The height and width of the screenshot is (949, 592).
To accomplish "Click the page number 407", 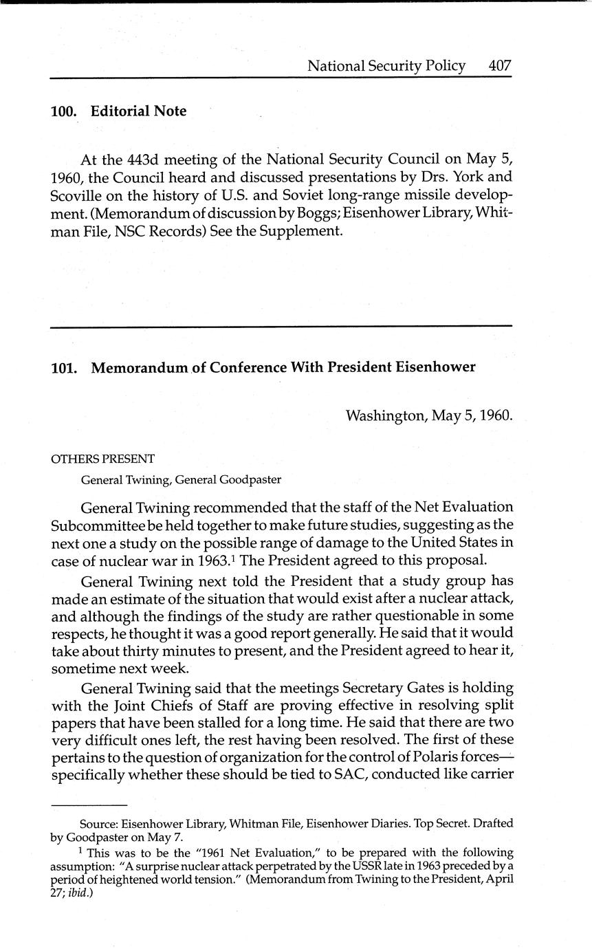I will tap(500, 66).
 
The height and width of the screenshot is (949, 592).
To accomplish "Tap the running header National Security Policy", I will tap(386, 66).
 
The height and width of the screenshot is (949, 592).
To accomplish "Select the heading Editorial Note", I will tap(138, 111).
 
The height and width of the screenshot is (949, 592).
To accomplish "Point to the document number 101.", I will tap(63, 367).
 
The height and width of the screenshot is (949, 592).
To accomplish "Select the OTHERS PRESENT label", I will tap(103, 459).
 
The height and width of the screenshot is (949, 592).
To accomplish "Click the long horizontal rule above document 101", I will tap(281, 326).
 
